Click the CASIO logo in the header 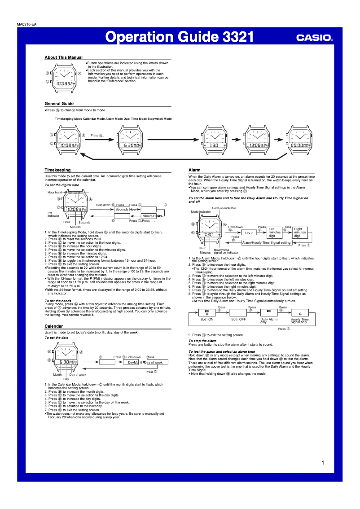pos(314,38)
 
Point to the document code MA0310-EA pos(26,24)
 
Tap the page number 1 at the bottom pos(323,463)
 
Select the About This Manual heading pos(63,57)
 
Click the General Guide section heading pos(59,104)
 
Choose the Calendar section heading pos(53,326)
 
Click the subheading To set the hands pos(58,301)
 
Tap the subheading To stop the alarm pos(202,341)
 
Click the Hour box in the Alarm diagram pos(249,233)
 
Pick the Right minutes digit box pos(300,233)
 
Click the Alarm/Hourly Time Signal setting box pos(267,243)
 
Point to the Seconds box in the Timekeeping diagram pos(121,210)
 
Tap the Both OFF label pos(238,319)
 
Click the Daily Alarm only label pos(269,320)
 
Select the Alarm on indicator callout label pos(224,208)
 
